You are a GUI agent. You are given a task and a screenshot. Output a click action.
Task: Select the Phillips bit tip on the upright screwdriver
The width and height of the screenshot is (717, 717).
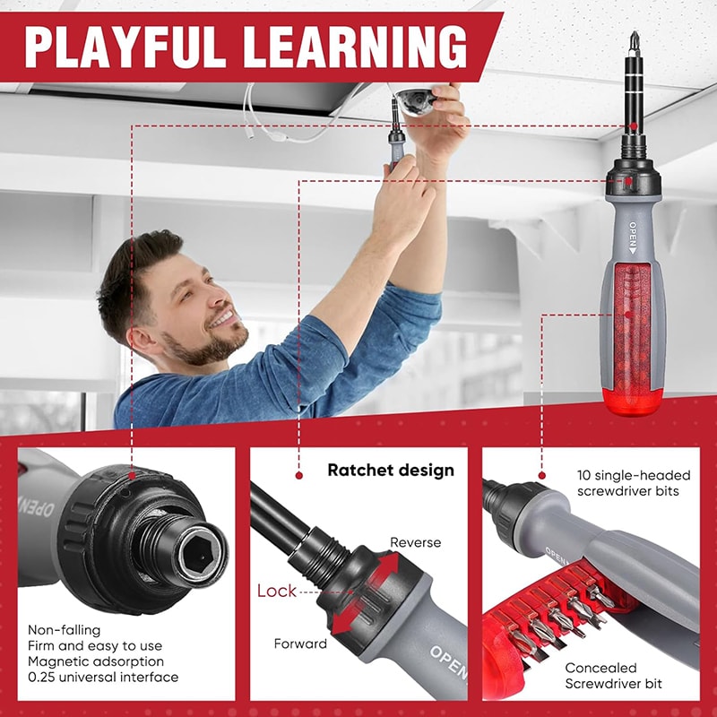[x=635, y=40]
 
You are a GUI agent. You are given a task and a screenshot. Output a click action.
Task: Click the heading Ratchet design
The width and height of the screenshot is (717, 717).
[x=390, y=470]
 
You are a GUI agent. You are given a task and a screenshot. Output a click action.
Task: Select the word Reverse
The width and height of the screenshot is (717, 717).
[x=415, y=543]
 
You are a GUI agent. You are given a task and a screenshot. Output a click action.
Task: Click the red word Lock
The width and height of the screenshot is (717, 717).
[x=276, y=591]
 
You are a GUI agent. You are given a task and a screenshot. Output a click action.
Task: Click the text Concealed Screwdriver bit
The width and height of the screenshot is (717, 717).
[x=613, y=676]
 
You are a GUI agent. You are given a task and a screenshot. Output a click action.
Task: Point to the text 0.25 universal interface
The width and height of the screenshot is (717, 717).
[x=103, y=677]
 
